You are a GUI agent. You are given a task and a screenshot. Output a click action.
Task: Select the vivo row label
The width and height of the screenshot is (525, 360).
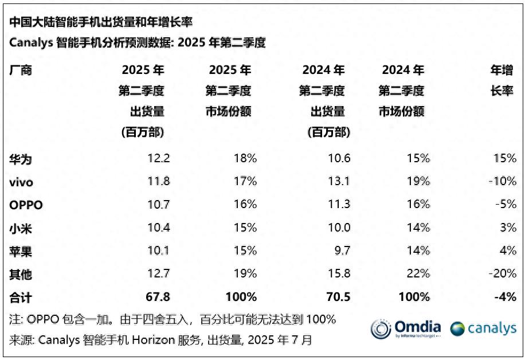pos(21,182)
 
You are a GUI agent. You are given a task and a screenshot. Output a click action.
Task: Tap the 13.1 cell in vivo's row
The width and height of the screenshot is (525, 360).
pos(338,182)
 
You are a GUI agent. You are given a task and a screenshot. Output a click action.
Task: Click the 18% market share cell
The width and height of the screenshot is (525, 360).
pos(245,159)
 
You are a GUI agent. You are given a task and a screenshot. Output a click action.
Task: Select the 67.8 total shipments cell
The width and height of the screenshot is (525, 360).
pos(158,297)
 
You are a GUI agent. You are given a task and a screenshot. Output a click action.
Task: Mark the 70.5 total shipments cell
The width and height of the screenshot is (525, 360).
pos(338,297)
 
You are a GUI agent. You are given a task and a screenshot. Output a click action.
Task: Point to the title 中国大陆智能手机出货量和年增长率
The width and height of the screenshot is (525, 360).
pos(100,22)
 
